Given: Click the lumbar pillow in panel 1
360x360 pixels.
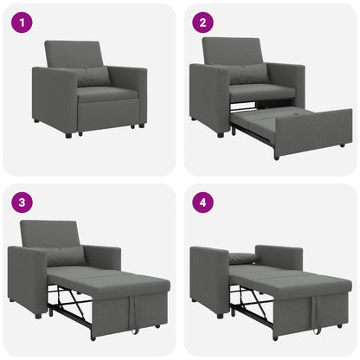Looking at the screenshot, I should click(93, 77).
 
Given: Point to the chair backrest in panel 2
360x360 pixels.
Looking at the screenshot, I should click(232, 52).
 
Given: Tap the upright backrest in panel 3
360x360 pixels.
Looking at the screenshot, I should click(48, 234).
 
